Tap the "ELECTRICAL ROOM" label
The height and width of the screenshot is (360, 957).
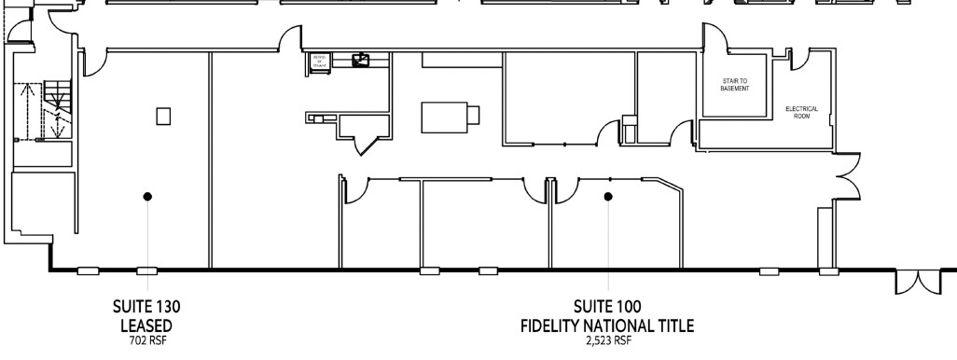801,111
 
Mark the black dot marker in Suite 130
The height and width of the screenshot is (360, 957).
146,196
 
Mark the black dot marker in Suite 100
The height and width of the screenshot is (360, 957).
607,196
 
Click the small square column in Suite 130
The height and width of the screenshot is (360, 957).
163,116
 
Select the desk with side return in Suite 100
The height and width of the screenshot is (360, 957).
450,118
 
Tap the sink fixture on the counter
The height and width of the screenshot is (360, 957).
361,61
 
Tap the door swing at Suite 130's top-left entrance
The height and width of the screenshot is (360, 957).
90,61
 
